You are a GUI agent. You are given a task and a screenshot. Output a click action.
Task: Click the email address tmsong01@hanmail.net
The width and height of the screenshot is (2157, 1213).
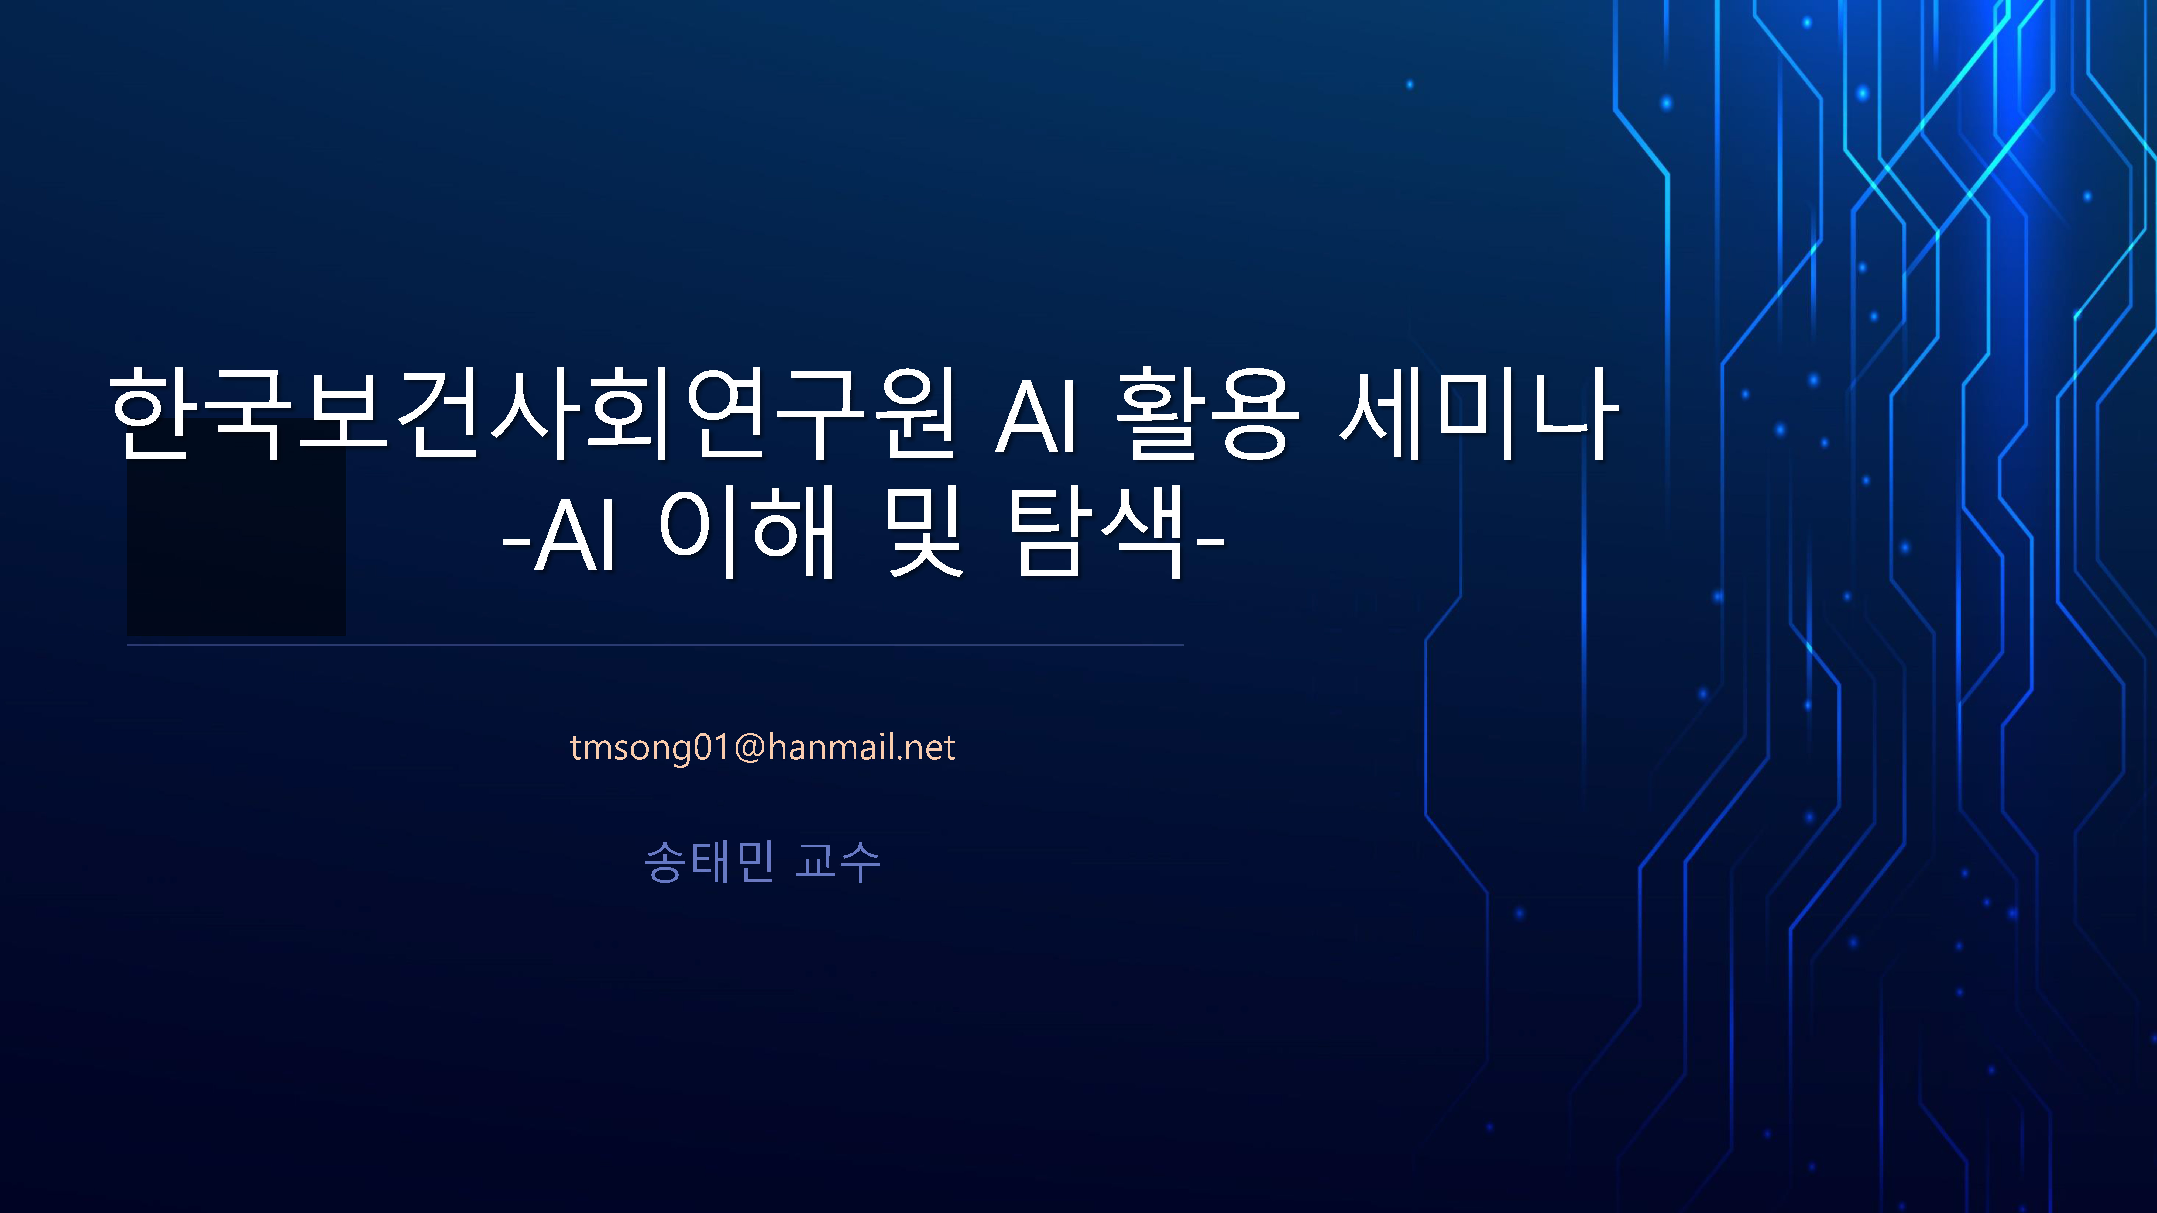coord(762,747)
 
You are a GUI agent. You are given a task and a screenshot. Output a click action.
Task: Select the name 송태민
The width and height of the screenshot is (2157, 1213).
coord(708,861)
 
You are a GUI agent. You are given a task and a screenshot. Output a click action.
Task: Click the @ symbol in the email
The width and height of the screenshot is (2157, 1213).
coord(750,747)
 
